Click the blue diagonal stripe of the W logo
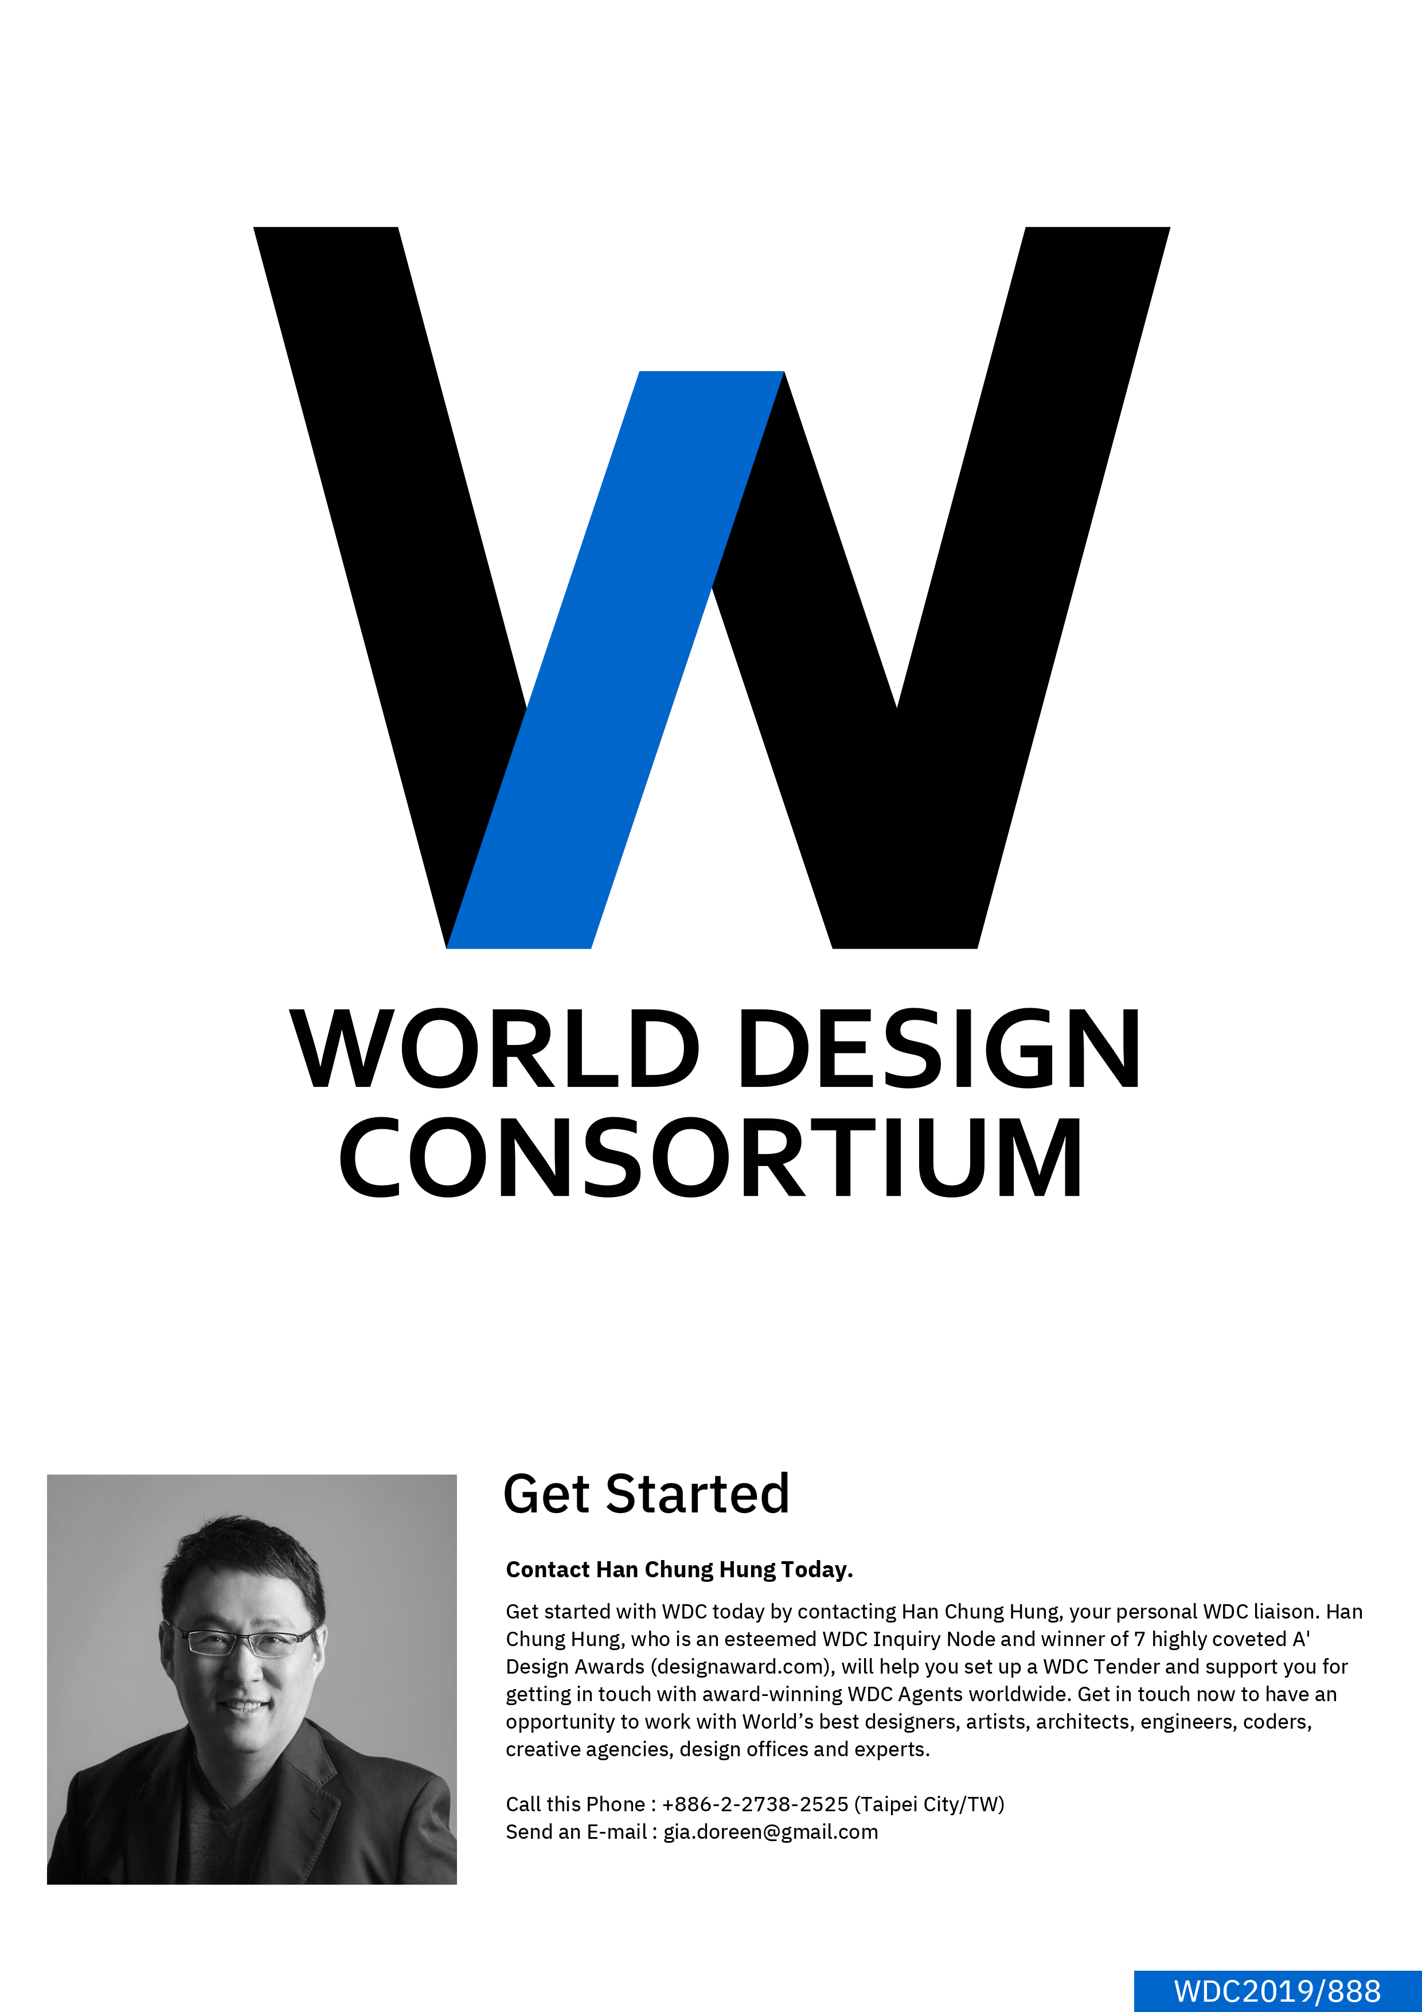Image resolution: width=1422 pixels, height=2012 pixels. pyautogui.click(x=615, y=659)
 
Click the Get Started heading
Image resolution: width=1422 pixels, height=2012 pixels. pyautogui.click(x=647, y=1495)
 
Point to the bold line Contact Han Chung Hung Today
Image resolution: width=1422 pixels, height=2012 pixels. pyautogui.click(x=679, y=1569)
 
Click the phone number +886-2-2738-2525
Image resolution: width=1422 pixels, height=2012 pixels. pyautogui.click(x=755, y=1804)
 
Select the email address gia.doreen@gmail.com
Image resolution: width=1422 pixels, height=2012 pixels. pyautogui.click(x=770, y=1832)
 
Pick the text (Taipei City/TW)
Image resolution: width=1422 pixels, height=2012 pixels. pyautogui.click(x=929, y=1804)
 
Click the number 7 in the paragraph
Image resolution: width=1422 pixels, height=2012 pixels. pyautogui.click(x=1139, y=1639)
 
